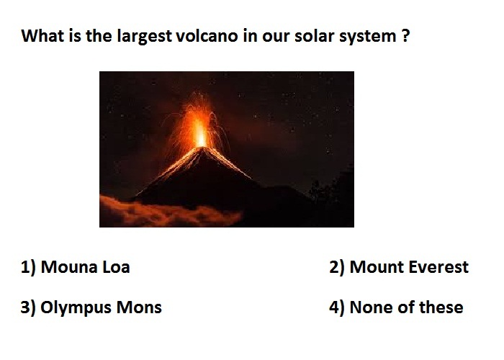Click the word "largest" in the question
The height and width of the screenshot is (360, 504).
pyautogui.click(x=144, y=36)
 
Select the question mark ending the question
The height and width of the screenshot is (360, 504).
pyautogui.click(x=405, y=35)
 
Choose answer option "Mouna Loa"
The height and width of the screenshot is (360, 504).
pyautogui.click(x=85, y=267)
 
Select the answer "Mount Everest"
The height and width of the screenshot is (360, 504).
pyautogui.click(x=409, y=267)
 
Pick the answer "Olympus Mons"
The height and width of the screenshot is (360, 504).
pyautogui.click(x=101, y=307)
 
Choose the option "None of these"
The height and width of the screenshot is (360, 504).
pyautogui.click(x=406, y=307)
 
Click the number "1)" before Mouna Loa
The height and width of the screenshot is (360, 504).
pyautogui.click(x=28, y=267)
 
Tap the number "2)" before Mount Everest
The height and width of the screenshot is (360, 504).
pyautogui.click(x=337, y=267)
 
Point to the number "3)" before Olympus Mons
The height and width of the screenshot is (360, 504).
pyautogui.click(x=28, y=307)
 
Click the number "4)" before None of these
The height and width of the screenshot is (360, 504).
pyautogui.click(x=337, y=307)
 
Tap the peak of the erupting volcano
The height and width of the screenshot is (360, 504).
pyautogui.click(x=202, y=148)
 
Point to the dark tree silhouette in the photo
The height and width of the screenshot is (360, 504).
pyautogui.click(x=334, y=189)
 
